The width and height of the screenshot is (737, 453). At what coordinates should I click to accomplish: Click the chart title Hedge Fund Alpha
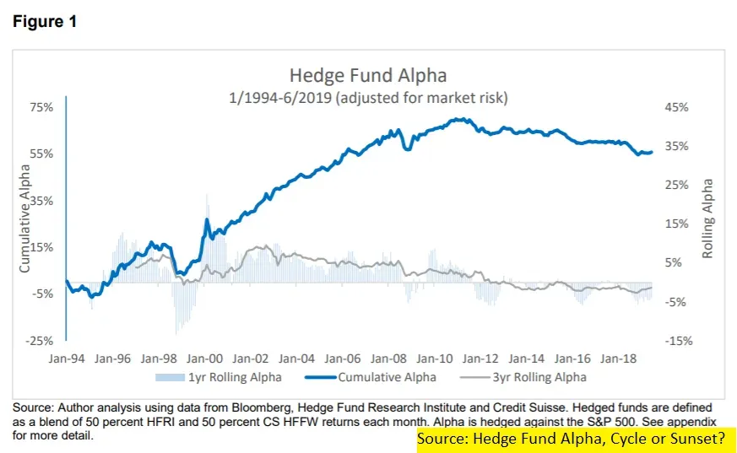(368, 76)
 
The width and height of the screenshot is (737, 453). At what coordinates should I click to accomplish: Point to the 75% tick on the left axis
(42, 107)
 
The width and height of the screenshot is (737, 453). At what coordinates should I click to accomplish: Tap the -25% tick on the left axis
(41, 340)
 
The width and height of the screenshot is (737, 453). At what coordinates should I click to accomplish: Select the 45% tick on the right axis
(678, 107)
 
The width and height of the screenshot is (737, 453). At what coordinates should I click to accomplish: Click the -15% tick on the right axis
(677, 340)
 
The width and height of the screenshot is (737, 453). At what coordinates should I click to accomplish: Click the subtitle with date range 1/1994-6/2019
(368, 98)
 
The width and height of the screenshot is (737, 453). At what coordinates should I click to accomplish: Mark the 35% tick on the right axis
(678, 146)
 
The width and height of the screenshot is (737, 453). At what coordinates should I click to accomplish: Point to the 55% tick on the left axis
(42, 154)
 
